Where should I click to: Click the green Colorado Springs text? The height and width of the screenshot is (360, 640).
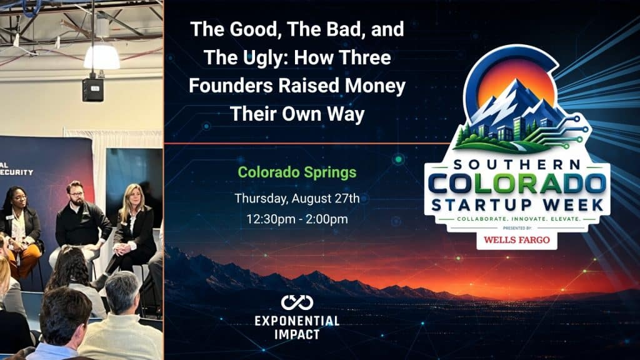coord(297,172)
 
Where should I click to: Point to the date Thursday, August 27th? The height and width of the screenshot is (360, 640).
coord(297,199)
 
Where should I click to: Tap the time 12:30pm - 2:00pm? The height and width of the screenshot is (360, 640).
coord(297,219)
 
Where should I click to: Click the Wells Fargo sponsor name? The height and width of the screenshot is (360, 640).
coord(517,239)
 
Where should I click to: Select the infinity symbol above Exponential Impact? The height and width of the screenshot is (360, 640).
coord(297,302)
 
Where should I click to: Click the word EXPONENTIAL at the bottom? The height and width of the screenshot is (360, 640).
coord(297,321)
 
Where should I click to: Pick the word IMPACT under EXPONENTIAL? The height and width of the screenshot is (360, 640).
coord(297,335)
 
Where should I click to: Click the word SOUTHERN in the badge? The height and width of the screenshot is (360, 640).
coord(517,164)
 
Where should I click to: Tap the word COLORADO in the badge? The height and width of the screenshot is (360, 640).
coord(517,184)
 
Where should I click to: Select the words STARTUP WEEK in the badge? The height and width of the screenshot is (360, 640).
coord(517,205)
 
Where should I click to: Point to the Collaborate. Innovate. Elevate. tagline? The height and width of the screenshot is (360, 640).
coord(518,219)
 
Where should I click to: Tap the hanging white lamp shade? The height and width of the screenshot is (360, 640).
coord(102,57)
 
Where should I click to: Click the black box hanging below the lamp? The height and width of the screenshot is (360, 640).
coord(92,89)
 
